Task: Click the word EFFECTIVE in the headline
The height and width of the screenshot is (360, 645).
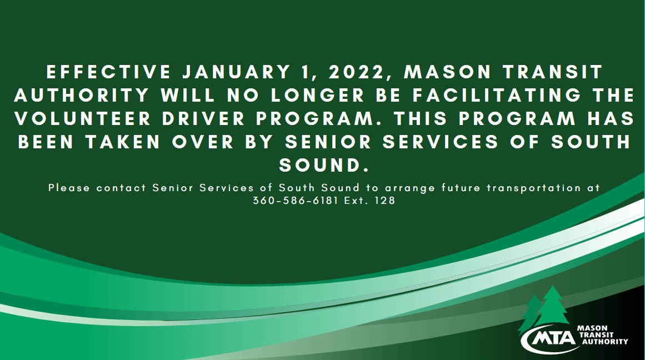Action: [x=108, y=72]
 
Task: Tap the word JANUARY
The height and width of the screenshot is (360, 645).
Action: [x=236, y=72]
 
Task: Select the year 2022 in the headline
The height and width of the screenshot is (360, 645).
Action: [x=361, y=72]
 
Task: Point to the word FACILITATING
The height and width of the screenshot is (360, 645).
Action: [x=497, y=96]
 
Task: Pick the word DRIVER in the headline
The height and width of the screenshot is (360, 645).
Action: [x=204, y=119]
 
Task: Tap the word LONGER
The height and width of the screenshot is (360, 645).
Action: [x=318, y=96]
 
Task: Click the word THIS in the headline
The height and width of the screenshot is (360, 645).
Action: [x=421, y=119]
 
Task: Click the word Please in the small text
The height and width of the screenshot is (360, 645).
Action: [x=69, y=188]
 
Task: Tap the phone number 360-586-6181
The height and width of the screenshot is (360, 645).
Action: [x=296, y=201]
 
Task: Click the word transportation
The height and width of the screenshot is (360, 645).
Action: [x=534, y=188]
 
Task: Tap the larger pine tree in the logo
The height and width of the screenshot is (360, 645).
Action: [x=553, y=307]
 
